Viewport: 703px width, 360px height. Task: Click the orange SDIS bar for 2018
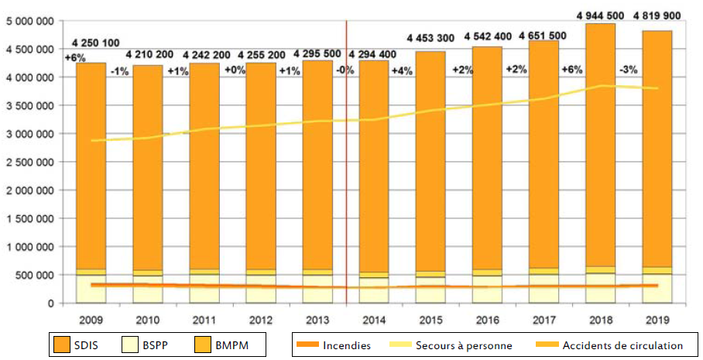601,155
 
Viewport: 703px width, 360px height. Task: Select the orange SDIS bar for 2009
91,170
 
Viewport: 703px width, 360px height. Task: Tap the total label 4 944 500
601,15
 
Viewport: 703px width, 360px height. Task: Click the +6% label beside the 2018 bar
572,70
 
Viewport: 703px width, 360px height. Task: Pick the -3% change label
629,70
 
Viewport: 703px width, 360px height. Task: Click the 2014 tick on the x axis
374,318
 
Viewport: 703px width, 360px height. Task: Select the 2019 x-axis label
657,318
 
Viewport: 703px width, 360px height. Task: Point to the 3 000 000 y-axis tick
31,134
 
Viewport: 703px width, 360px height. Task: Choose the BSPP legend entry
144,345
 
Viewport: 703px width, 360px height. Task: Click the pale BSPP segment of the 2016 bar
488,288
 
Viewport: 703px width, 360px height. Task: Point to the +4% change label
402,72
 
